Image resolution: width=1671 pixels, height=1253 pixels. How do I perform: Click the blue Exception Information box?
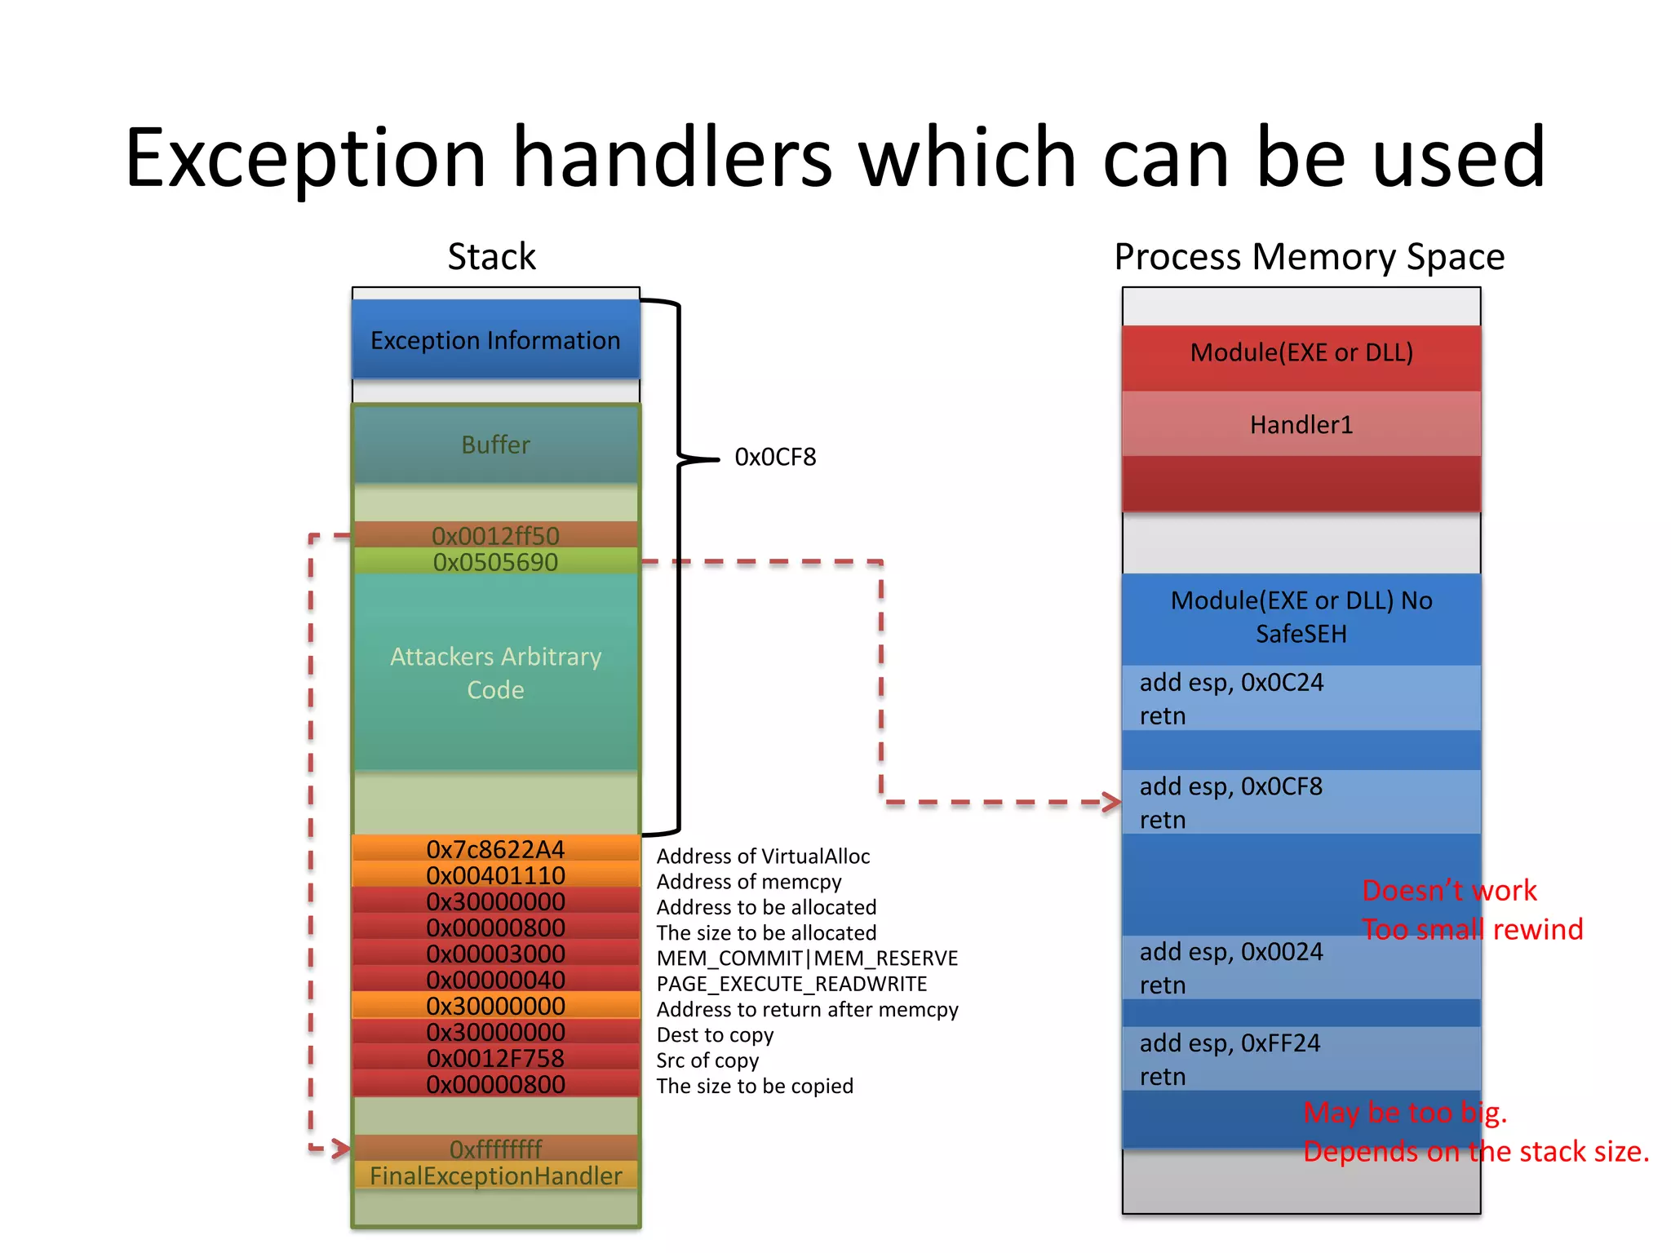point(495,339)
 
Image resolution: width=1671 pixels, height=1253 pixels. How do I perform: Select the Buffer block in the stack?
point(495,445)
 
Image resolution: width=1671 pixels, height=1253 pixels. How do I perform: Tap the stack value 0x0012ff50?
point(495,535)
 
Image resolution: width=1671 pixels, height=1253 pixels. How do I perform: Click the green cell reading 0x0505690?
point(495,561)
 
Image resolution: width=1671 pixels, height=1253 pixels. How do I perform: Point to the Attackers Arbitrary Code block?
point(495,672)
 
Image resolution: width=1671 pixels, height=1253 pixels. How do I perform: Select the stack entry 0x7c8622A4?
point(495,849)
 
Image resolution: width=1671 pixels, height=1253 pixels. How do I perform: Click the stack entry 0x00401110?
point(495,875)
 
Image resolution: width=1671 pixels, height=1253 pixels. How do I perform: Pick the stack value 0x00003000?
point(495,954)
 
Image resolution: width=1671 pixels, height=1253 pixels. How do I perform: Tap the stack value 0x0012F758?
point(495,1058)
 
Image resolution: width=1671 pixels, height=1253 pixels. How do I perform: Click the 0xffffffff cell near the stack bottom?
point(495,1149)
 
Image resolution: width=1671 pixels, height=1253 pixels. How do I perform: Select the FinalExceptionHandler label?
point(495,1176)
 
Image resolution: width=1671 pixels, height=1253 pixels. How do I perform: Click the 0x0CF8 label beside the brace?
point(774,457)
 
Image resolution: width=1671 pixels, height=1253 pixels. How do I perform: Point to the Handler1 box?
point(1301,424)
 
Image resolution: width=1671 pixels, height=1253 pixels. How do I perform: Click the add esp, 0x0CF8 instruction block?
point(1301,802)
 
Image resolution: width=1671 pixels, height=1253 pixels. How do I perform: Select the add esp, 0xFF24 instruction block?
point(1301,1059)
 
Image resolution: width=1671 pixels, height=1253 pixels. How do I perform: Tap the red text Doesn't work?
point(1449,890)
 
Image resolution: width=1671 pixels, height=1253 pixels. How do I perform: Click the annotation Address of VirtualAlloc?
point(763,856)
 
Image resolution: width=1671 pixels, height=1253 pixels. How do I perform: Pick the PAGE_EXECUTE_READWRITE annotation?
point(791,984)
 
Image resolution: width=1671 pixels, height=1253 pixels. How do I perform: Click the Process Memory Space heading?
point(1309,257)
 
